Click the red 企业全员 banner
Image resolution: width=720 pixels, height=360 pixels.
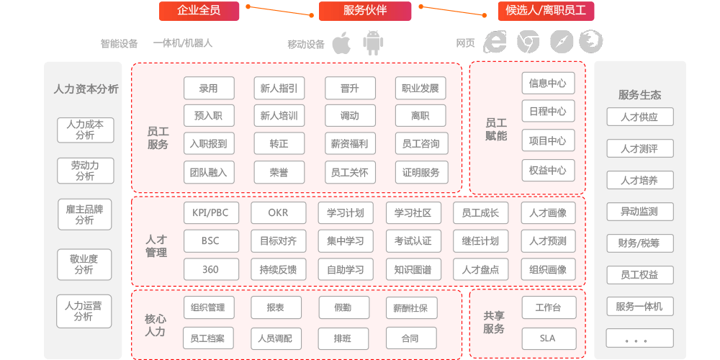click(199, 11)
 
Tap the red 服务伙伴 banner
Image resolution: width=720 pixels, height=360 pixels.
click(365, 11)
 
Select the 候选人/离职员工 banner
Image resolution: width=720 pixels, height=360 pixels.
click(546, 11)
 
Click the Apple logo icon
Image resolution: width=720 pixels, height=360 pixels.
click(341, 42)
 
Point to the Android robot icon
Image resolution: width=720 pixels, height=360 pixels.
click(373, 42)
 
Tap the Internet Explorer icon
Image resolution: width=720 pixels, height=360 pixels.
click(495, 42)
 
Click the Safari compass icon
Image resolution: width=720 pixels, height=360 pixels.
click(562, 42)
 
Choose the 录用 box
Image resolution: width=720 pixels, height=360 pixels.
click(209, 88)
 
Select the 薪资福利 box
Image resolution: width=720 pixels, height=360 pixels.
click(350, 144)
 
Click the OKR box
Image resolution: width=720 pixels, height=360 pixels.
click(278, 213)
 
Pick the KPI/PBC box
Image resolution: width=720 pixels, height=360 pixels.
click(211, 213)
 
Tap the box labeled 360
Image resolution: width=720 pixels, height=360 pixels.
click(211, 269)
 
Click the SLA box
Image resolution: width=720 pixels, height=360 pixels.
click(548, 338)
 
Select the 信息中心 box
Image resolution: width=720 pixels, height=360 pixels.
click(548, 83)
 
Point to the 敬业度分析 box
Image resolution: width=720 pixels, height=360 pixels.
click(84, 264)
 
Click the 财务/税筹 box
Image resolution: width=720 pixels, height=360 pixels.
click(640, 243)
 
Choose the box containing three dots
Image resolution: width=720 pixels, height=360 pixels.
click(640, 338)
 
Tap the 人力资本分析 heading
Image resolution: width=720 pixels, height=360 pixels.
click(86, 89)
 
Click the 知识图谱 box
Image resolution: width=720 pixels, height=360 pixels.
click(413, 269)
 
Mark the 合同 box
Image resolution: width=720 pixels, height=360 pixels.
click(411, 338)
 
